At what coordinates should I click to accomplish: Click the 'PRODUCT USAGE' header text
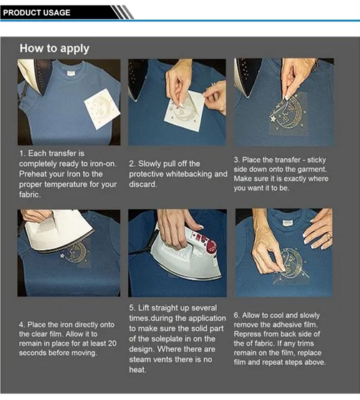coord(37,12)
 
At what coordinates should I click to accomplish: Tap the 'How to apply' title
coord(54,49)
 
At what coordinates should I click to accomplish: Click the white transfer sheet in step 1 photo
coord(102,109)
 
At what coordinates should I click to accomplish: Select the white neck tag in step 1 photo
coord(71,73)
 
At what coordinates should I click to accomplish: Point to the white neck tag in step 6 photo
coord(288,223)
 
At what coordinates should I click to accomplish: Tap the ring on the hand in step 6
coord(329,237)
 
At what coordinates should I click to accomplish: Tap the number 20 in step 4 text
coord(112,343)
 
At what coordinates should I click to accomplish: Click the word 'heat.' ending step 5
coord(138,370)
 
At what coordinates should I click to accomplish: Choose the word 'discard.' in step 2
coord(142,184)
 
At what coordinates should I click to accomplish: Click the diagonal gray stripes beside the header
coord(122,12)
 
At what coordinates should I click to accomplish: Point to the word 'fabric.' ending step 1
coord(30,195)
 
